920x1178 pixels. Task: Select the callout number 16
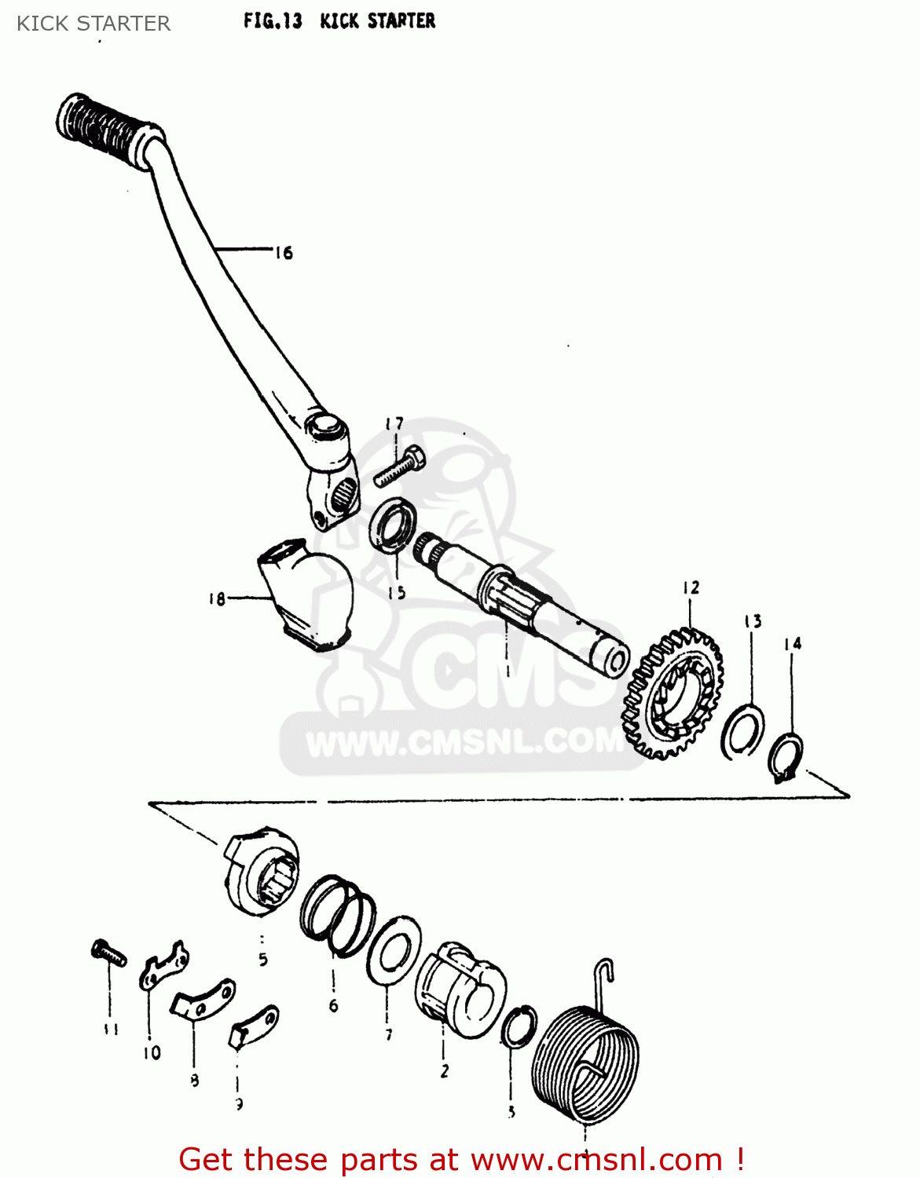(284, 253)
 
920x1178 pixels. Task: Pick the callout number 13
(753, 622)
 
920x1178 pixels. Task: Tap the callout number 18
(217, 599)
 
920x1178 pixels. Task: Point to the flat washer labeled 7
(393, 951)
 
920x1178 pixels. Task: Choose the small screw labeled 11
(108, 953)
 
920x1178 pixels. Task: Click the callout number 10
(152, 1052)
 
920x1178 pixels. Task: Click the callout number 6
(333, 1006)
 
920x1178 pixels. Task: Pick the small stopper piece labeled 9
(253, 1026)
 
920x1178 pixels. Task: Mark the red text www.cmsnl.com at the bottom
(597, 1160)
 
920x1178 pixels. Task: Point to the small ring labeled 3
(519, 1026)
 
